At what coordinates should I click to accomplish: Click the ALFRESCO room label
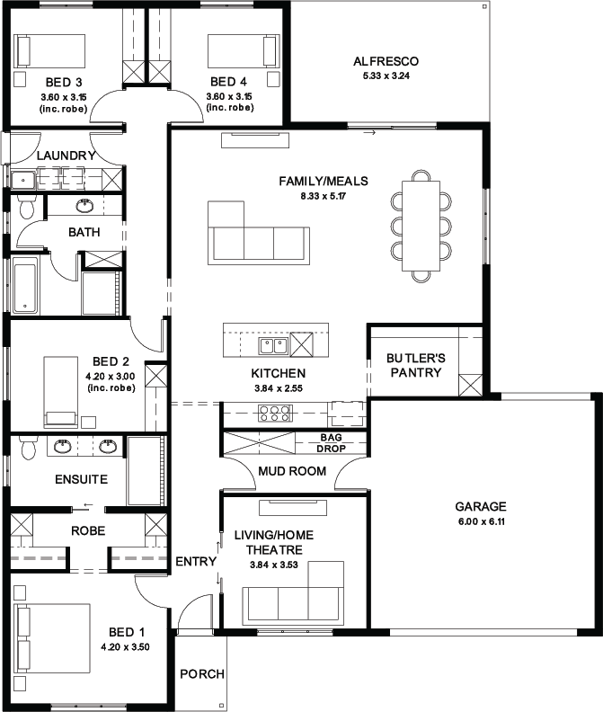pos(386,61)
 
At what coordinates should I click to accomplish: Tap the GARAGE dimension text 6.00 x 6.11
pos(482,521)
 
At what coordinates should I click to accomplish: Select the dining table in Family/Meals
pos(421,226)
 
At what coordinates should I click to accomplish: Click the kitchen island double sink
pos(273,346)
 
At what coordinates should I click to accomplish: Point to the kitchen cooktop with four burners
pos(274,414)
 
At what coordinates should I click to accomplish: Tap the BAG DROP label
pos(331,442)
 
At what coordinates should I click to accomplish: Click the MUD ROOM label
pos(292,471)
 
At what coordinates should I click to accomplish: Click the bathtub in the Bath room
pos(25,285)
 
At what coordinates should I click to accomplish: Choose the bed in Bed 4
pos(244,51)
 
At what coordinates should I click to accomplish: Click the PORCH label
pos(202,674)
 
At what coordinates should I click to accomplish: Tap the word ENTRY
pos(196,561)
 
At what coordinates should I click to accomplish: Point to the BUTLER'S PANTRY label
pos(416,365)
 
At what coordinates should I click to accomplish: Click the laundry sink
pos(22,181)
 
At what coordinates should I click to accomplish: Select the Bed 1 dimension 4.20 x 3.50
pos(125,646)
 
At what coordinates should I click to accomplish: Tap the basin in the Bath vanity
pos(84,206)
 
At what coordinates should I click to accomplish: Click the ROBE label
pos(88,530)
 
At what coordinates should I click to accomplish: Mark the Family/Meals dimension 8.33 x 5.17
pos(324,196)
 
